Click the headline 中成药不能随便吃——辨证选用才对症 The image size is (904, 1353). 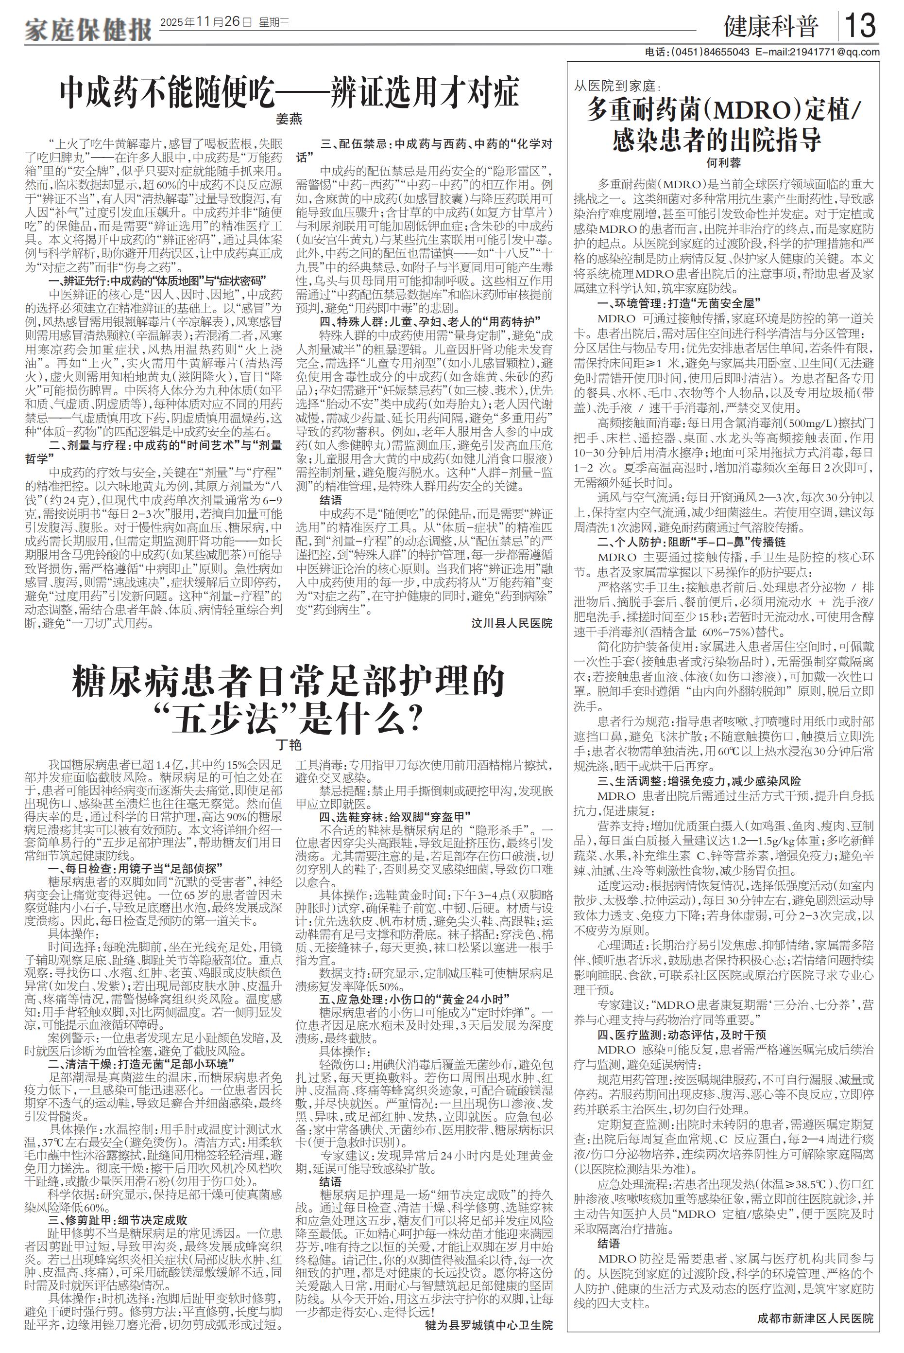(x=290, y=92)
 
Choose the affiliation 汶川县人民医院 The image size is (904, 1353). (x=512, y=623)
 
